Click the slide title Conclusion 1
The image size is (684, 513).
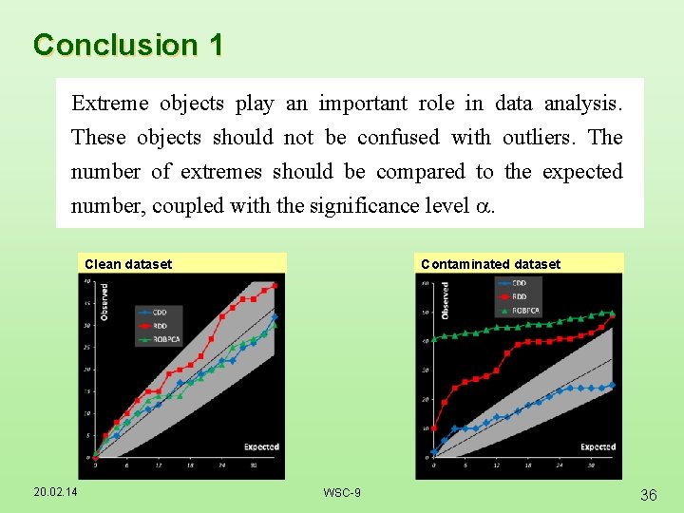[127, 45]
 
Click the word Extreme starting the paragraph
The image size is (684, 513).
[106, 103]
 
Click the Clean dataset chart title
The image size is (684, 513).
[128, 264]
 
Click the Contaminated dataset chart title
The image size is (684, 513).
[490, 264]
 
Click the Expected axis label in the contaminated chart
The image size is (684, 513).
[598, 446]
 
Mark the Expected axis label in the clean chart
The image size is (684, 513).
[260, 446]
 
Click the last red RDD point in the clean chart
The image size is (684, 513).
[275, 284]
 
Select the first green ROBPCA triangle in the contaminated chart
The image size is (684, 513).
[434, 339]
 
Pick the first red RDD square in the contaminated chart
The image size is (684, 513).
[434, 427]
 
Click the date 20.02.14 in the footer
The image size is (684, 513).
[57, 491]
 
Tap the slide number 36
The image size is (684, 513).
[650, 494]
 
